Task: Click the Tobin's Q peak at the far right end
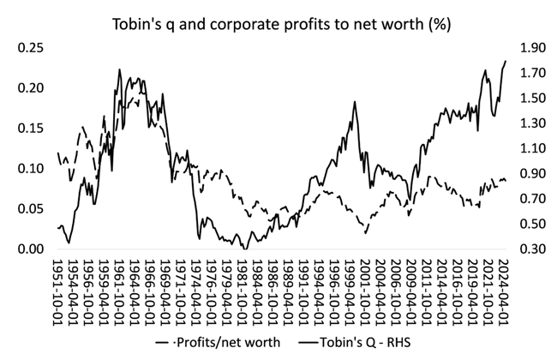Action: coord(506,61)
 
